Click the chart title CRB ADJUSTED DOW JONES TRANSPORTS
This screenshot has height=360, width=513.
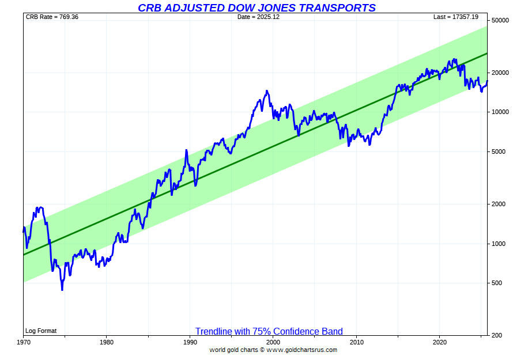coord(256,7)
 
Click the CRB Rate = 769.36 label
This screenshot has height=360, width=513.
coord(52,17)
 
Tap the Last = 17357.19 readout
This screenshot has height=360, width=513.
coord(456,17)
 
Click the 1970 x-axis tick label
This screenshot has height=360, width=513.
coord(24,342)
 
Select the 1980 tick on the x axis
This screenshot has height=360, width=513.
coord(106,342)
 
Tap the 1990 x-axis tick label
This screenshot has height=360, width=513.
coord(190,342)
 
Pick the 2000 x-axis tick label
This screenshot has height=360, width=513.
coord(273,342)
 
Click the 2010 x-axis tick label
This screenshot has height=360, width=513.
coord(357,342)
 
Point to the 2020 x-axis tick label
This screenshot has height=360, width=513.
coord(440,342)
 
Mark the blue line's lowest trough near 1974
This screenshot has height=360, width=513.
coord(62,289)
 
